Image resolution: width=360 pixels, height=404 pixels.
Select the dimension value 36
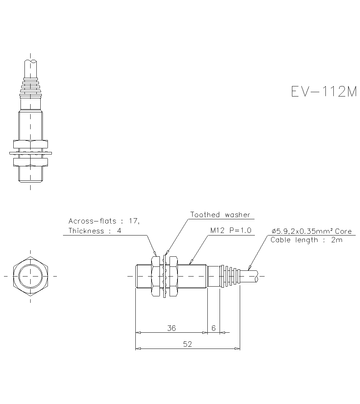coord(172,328)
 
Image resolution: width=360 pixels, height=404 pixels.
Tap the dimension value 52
coord(187,344)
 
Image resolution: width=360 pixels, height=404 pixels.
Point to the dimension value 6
coord(213,328)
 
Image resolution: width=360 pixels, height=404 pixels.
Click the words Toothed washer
coord(220,215)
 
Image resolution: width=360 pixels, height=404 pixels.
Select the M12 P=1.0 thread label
coord(231,230)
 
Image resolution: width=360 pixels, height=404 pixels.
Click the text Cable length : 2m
coord(306,240)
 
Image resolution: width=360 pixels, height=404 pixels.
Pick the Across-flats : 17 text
coord(103,221)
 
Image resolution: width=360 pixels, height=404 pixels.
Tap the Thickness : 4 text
coord(95,231)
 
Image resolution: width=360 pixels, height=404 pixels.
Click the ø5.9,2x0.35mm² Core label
coord(311,232)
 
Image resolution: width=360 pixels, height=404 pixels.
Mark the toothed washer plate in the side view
coord(165,276)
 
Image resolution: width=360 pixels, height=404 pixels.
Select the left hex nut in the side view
coord(156,276)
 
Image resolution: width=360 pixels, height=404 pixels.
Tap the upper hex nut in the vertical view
coord(31,144)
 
